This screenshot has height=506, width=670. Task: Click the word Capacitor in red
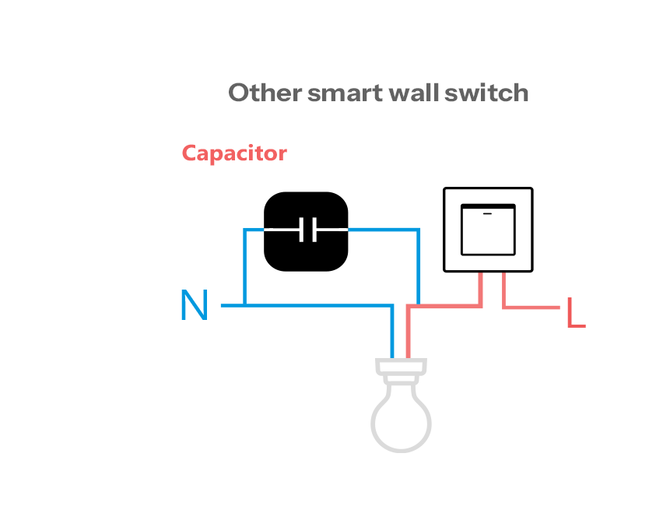(x=234, y=153)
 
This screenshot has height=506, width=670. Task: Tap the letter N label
(x=195, y=306)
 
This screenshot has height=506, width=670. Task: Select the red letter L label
(x=575, y=313)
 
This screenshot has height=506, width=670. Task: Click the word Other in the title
(x=265, y=93)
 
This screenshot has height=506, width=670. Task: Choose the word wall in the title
(x=413, y=93)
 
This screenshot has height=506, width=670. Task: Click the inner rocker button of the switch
(x=488, y=234)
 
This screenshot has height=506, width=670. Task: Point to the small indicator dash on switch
(x=488, y=212)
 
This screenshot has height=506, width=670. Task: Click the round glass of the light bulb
(x=402, y=420)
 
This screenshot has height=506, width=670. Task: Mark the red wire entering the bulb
(x=409, y=335)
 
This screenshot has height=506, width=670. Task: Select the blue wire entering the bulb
(x=393, y=335)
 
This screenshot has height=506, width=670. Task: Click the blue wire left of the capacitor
(x=245, y=265)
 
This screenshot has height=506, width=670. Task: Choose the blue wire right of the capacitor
(x=419, y=265)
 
